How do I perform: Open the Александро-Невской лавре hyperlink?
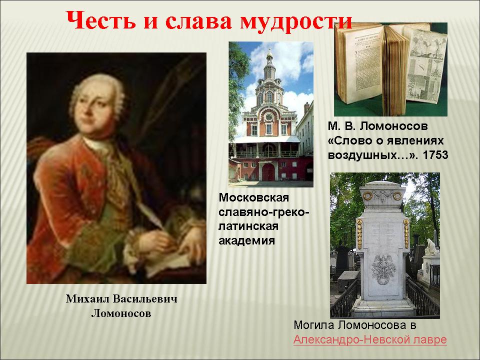pyautogui.click(x=370, y=339)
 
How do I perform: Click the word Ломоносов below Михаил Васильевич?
pyautogui.click(x=121, y=313)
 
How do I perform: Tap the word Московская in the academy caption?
pyautogui.click(x=254, y=197)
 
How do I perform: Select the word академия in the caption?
pyautogui.click(x=246, y=240)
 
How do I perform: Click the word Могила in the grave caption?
pyautogui.click(x=314, y=325)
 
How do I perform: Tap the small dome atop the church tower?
pyautogui.click(x=269, y=55)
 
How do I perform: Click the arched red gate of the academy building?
pyautogui.click(x=268, y=172)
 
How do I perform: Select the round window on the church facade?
pyautogui.click(x=269, y=117)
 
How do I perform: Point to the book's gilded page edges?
pyautogui.click(x=394, y=70)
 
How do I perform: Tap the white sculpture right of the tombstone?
pyautogui.click(x=431, y=247)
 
